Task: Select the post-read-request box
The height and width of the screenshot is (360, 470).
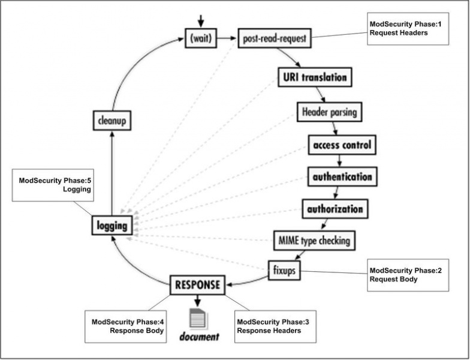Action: pyautogui.click(x=275, y=38)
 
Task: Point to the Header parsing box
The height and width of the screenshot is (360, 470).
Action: pyautogui.click(x=330, y=112)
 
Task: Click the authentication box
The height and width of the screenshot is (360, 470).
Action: pyautogui.click(x=342, y=177)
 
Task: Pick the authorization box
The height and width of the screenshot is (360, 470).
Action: pyautogui.click(x=335, y=209)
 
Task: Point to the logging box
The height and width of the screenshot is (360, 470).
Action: pyautogui.click(x=112, y=226)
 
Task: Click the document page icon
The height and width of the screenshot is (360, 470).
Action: pyautogui.click(x=197, y=317)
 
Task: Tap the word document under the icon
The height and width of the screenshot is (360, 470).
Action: pyautogui.click(x=200, y=337)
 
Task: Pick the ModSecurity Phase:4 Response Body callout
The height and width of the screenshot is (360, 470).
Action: pyautogui.click(x=125, y=326)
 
